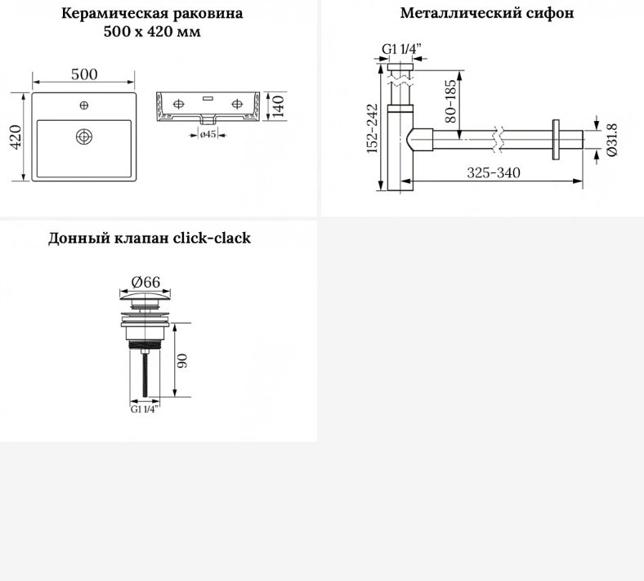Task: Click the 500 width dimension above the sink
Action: pyautogui.click(x=84, y=74)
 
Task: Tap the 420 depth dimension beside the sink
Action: pyautogui.click(x=16, y=137)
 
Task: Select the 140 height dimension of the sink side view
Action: pyautogui.click(x=278, y=106)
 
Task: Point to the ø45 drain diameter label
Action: pyautogui.click(x=208, y=134)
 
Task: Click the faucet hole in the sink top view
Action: pyautogui.click(x=84, y=105)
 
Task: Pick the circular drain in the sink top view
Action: pyautogui.click(x=84, y=136)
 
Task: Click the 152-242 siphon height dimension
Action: pyautogui.click(x=372, y=128)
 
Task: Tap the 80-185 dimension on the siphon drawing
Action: pyautogui.click(x=450, y=101)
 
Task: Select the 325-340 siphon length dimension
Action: pyautogui.click(x=494, y=172)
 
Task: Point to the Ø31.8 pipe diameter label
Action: pyautogui.click(x=611, y=140)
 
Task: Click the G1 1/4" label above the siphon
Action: pyautogui.click(x=401, y=49)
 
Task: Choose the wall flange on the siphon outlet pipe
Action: pyautogui.click(x=556, y=139)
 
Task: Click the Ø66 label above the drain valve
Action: pyautogui.click(x=145, y=282)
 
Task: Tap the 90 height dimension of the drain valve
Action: pyautogui.click(x=182, y=360)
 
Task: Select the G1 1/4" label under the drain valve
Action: pyautogui.click(x=144, y=409)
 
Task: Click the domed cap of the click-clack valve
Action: pyautogui.click(x=145, y=295)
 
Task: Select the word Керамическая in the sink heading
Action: pyautogui.click(x=114, y=13)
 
